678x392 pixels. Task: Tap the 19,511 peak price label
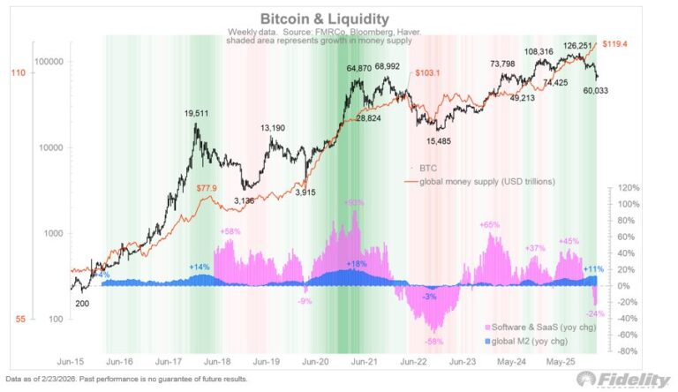(x=201, y=114)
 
